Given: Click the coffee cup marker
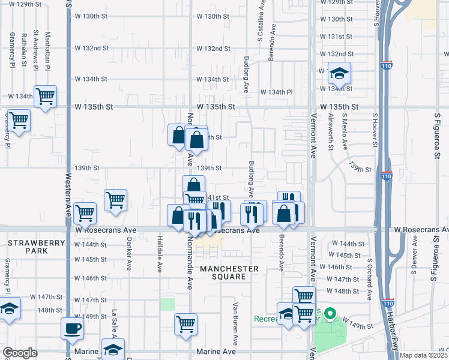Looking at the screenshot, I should point(73,329).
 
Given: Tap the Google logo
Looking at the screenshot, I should point(20,353).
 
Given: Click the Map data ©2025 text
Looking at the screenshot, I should point(424,355).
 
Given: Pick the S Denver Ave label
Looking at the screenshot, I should point(414,259).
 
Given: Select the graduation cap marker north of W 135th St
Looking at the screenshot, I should point(340,74).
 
